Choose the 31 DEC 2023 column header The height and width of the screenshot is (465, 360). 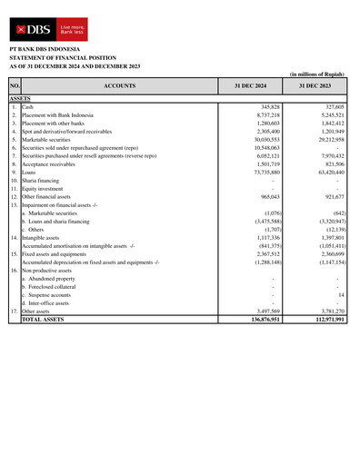313,85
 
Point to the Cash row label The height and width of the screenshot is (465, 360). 28,107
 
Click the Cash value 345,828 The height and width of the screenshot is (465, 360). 264,107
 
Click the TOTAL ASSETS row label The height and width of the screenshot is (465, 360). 43,320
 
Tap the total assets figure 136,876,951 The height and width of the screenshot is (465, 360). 258,320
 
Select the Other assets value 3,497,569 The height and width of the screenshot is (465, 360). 262,311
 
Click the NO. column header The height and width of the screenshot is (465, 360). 14,85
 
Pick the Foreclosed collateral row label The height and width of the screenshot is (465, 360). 49,287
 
